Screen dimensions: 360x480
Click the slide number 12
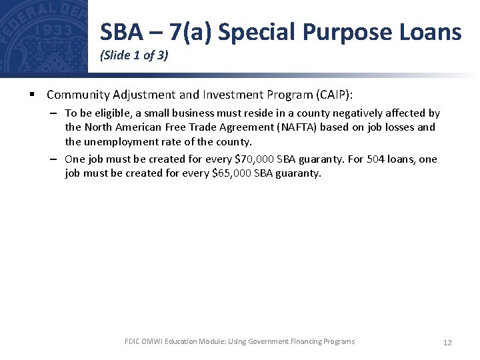[x=447, y=343]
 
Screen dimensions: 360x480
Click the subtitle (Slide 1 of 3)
[x=134, y=56]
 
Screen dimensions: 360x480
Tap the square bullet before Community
[x=32, y=95]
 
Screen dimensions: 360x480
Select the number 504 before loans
[x=376, y=159]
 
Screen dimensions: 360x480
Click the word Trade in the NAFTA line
[x=189, y=127]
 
